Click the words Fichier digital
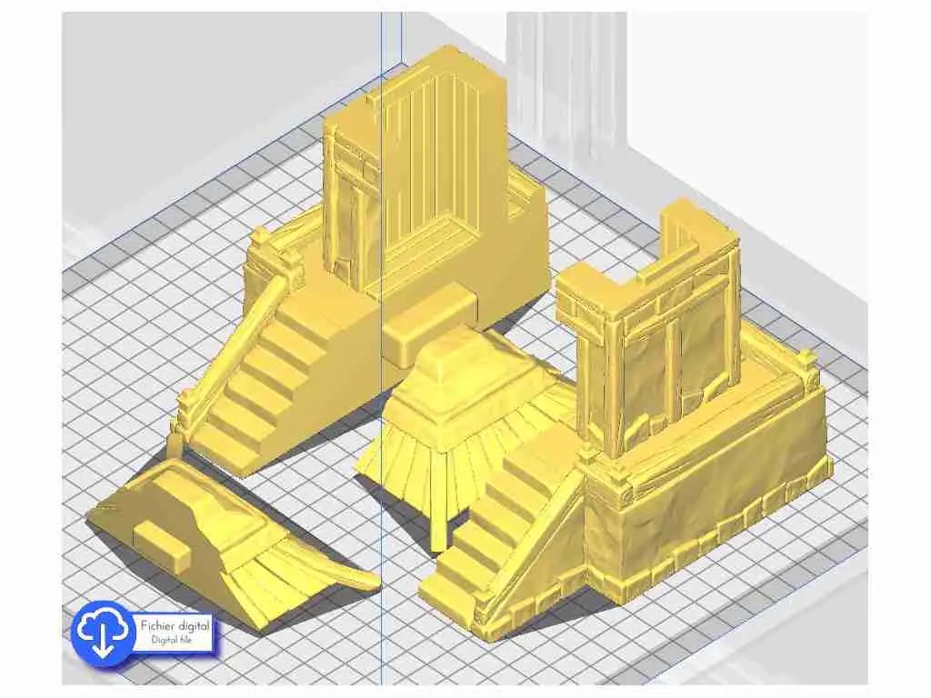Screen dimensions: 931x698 175,625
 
